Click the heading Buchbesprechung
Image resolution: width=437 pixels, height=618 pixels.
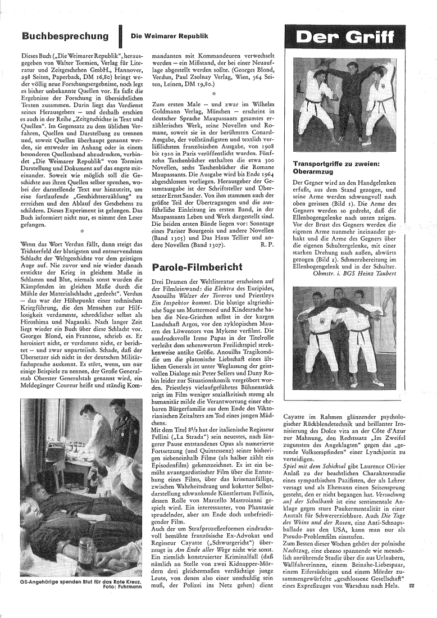(x=65, y=37)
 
